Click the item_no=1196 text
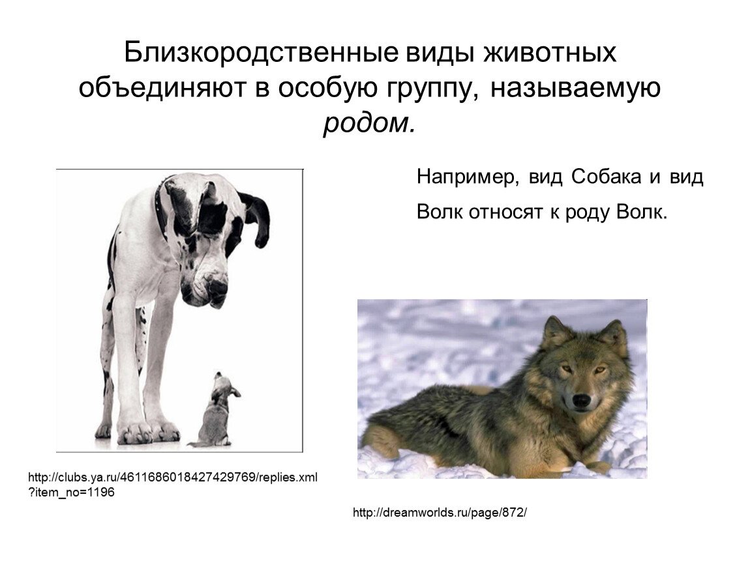[x=72, y=493]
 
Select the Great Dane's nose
[x=216, y=287]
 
